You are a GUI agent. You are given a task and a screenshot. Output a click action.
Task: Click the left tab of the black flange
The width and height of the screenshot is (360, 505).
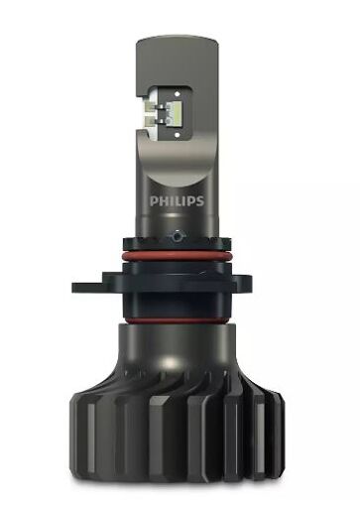coord(87,288)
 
